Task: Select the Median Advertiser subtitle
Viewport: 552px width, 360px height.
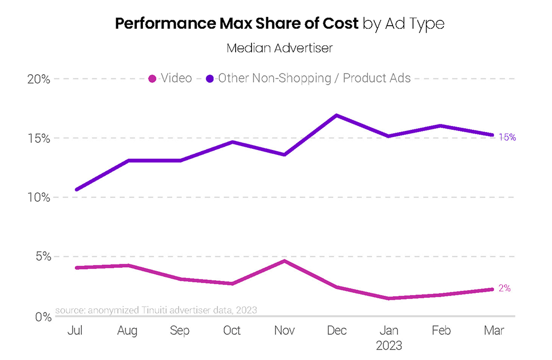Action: pyautogui.click(x=279, y=48)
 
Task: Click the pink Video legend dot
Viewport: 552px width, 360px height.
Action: pyautogui.click(x=153, y=79)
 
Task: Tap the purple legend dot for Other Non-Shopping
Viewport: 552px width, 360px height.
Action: pyautogui.click(x=210, y=79)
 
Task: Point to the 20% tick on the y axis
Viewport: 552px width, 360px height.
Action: pyautogui.click(x=39, y=79)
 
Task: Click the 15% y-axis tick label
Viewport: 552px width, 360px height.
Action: pyautogui.click(x=39, y=138)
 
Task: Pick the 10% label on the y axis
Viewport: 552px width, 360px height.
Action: pyautogui.click(x=39, y=197)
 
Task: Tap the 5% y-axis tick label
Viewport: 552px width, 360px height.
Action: pyautogui.click(x=41, y=256)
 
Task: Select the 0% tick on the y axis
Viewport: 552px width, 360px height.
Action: pyautogui.click(x=41, y=316)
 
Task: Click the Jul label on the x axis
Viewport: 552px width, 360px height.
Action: pyautogui.click(x=75, y=331)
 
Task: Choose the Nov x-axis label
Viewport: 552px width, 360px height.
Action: pyautogui.click(x=284, y=331)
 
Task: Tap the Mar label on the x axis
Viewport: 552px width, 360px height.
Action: pyautogui.click(x=494, y=331)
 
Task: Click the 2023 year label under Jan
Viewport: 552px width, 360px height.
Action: pyautogui.click(x=389, y=346)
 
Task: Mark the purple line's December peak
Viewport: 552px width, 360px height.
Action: pyautogui.click(x=337, y=115)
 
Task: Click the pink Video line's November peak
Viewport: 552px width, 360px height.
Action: pyautogui.click(x=284, y=261)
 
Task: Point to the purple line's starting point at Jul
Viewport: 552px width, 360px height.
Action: pyautogui.click(x=76, y=189)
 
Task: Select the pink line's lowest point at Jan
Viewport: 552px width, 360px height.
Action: pyautogui.click(x=389, y=298)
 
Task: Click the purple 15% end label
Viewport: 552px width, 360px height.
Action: pyautogui.click(x=508, y=137)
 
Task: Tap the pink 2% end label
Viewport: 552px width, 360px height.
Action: pyautogui.click(x=505, y=289)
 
